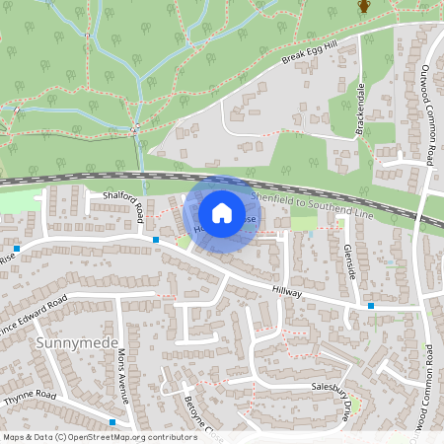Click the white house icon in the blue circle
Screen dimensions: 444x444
pyautogui.click(x=222, y=212)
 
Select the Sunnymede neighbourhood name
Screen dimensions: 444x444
pyautogui.click(x=68, y=342)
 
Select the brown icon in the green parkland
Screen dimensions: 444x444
pyautogui.click(x=363, y=7)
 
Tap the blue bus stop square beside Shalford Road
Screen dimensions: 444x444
pyautogui.click(x=156, y=239)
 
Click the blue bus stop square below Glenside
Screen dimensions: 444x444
pyautogui.click(x=371, y=306)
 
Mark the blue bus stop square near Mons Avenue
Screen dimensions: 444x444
pyautogui.click(x=113, y=422)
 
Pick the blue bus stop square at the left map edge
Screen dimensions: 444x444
pyautogui.click(x=18, y=249)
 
